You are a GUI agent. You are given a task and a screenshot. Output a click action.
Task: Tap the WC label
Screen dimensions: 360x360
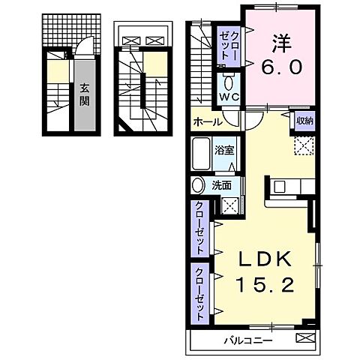tap(228, 96)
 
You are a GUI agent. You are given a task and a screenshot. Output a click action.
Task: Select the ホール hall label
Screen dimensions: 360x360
tap(207, 122)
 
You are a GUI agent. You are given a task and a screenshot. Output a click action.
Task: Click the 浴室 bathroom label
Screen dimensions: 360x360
tap(224, 148)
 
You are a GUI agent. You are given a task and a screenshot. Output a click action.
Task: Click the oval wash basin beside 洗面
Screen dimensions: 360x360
tap(198, 186)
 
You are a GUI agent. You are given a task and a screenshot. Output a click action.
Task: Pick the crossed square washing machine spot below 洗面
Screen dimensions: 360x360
tap(231, 205)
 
